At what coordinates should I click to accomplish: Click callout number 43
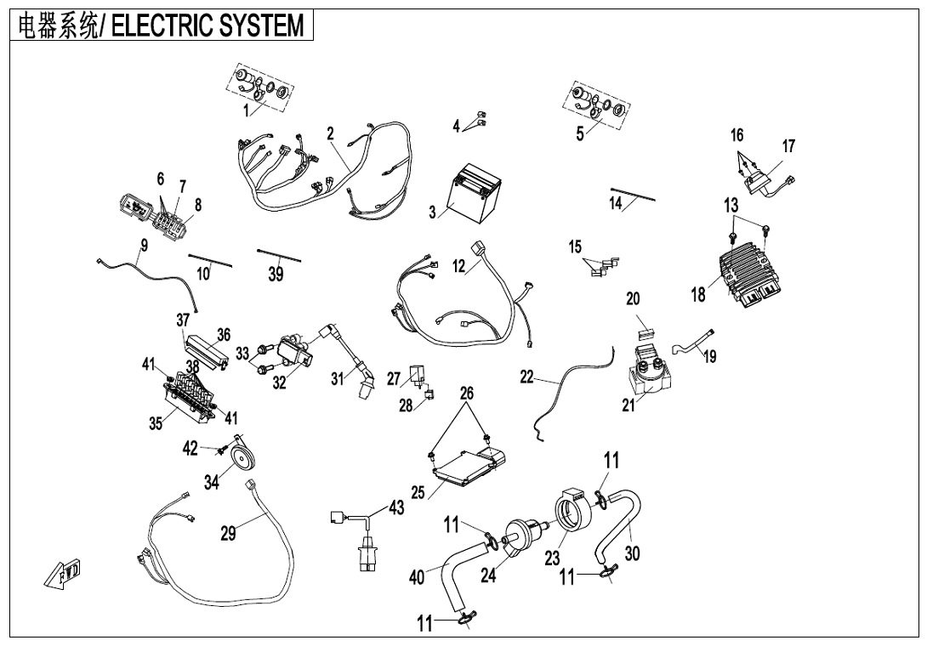(x=396, y=507)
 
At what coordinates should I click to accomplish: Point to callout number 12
(x=459, y=266)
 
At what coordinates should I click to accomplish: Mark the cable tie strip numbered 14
(x=633, y=194)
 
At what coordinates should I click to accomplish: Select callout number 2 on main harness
(x=330, y=133)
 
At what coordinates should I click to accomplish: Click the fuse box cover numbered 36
(x=206, y=351)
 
